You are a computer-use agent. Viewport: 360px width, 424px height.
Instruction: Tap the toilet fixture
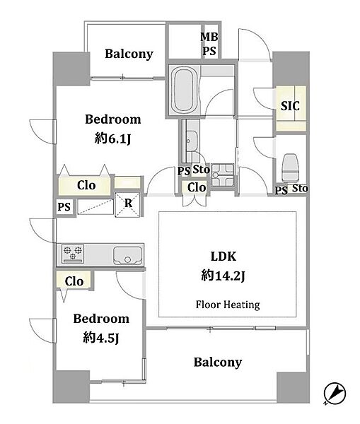point(290,167)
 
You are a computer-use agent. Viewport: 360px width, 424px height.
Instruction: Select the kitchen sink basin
point(127,256)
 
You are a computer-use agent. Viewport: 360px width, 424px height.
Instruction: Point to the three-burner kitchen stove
point(73,254)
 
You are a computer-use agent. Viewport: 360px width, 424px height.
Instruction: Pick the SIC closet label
point(290,106)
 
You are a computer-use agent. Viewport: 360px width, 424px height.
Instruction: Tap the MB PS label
point(209,44)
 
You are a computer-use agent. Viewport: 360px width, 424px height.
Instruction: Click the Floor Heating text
point(228,305)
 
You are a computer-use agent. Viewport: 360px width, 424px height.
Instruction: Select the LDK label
point(223,256)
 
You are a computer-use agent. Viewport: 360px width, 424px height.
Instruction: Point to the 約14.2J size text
point(223,276)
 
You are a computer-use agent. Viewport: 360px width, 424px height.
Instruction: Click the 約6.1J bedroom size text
point(113,139)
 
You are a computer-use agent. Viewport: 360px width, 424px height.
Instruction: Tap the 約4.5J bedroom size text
point(101,338)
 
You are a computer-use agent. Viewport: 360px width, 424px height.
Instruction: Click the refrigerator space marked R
point(128,204)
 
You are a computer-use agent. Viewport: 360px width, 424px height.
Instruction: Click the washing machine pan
point(223,175)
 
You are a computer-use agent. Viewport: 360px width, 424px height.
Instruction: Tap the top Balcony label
point(129,54)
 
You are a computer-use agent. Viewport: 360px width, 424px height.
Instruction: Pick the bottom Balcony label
point(218,362)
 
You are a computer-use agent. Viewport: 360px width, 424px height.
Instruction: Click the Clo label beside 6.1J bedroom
point(86,185)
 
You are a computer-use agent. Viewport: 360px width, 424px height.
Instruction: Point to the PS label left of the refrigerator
point(64,207)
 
